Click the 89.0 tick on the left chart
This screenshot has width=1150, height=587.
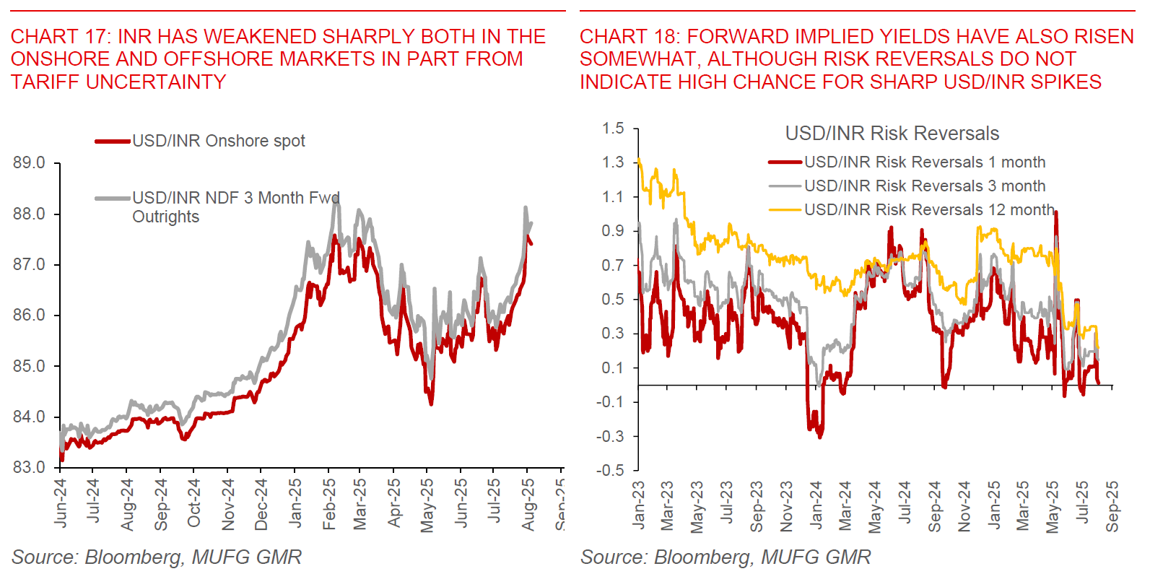(29, 163)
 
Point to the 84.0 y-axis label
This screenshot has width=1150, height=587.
(29, 417)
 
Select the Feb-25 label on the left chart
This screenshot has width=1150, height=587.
(329, 504)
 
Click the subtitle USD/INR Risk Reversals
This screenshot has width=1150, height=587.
(892, 134)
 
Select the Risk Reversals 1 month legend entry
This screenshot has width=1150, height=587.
(924, 162)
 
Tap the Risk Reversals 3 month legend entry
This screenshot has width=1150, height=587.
(924, 186)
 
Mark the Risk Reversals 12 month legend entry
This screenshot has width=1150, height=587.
(928, 210)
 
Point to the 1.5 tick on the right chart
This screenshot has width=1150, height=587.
(613, 129)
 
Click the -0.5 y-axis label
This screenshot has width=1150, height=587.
(611, 470)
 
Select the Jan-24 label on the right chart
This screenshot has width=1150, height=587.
(816, 506)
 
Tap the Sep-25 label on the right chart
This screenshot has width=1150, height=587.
(1112, 506)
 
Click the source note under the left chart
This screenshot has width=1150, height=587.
(156, 557)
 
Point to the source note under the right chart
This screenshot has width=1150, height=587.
(726, 557)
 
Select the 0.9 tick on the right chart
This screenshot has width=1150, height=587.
(613, 231)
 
